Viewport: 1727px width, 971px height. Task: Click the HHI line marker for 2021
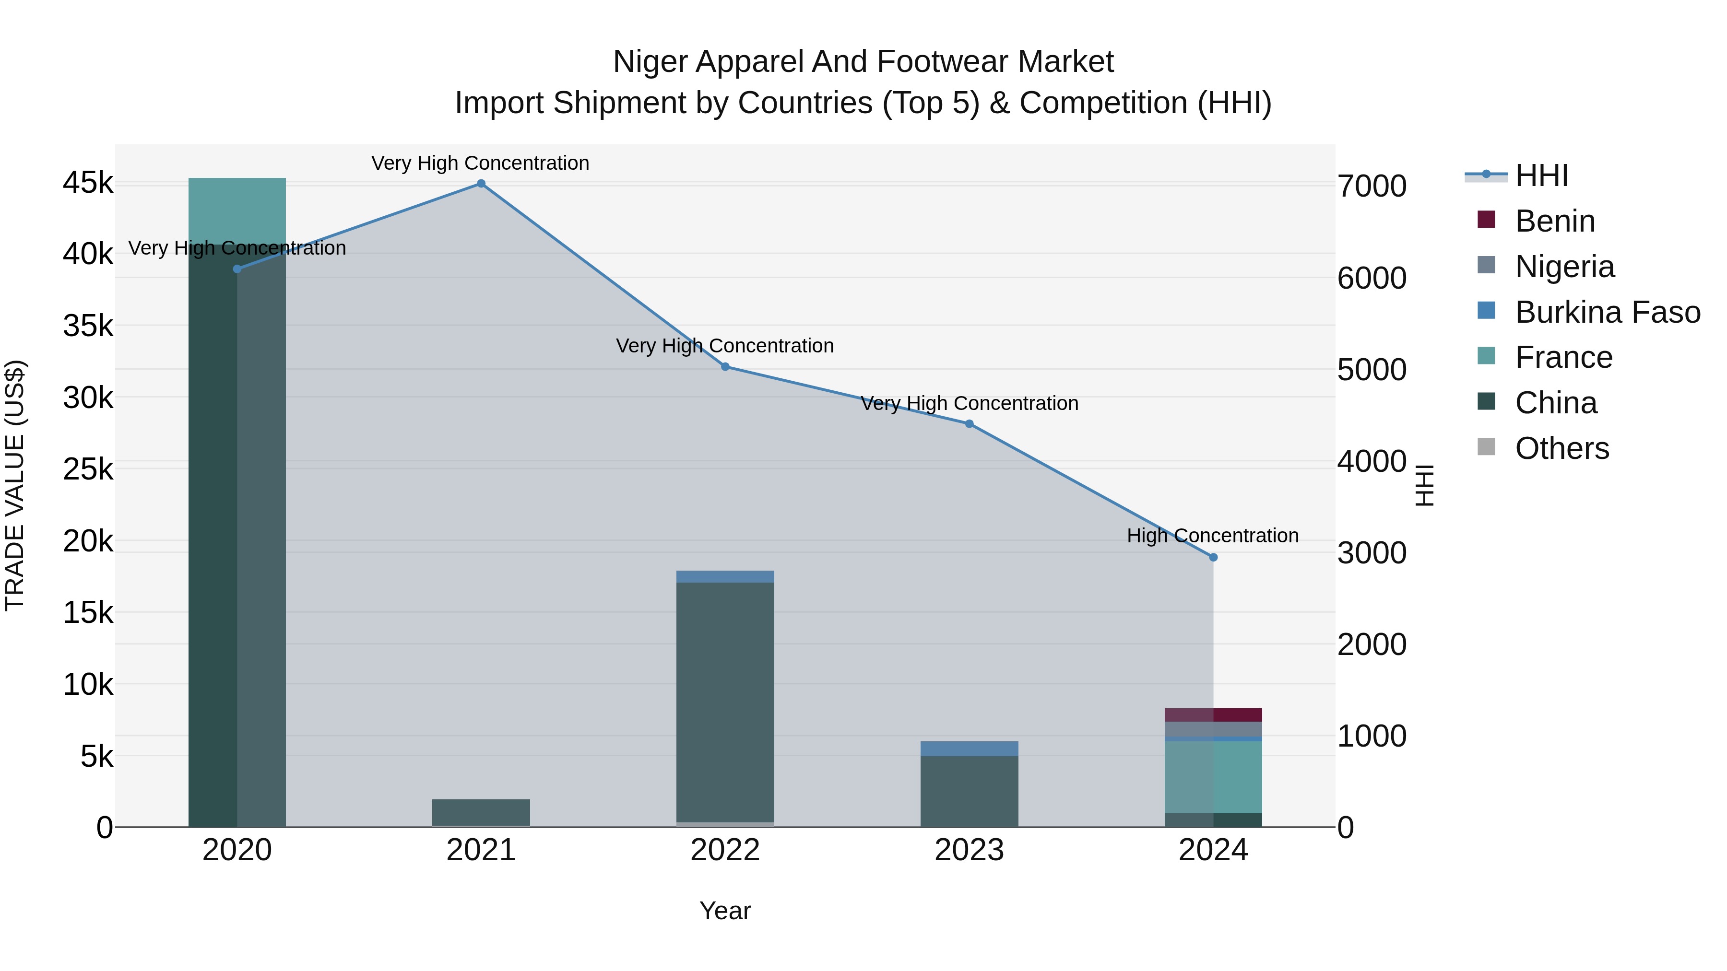click(481, 184)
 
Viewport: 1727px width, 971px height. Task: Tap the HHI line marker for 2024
click(1213, 557)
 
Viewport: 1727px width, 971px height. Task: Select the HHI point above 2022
click(725, 366)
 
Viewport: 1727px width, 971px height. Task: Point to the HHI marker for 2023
click(969, 423)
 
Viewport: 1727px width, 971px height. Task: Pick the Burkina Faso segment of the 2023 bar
click(969, 748)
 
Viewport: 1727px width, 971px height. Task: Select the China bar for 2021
click(481, 812)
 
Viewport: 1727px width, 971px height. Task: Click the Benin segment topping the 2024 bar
click(1213, 714)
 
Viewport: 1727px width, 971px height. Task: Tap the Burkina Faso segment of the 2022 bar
click(725, 576)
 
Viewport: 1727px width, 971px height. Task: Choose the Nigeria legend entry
click(1564, 267)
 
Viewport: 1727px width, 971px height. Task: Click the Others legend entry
click(1561, 448)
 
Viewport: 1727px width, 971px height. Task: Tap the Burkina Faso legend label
click(1607, 312)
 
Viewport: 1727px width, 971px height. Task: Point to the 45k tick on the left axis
click(88, 182)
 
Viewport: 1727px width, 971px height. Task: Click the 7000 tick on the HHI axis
click(1372, 187)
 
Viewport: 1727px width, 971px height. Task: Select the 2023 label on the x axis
click(969, 850)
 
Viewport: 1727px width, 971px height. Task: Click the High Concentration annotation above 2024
click(1212, 536)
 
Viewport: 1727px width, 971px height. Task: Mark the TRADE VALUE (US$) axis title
click(15, 485)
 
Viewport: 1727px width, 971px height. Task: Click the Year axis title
click(725, 911)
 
